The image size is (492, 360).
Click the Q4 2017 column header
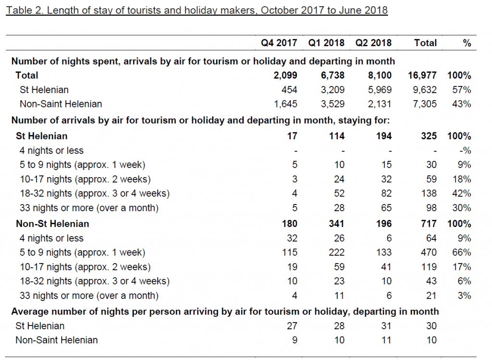279,43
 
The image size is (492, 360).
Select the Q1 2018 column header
326,43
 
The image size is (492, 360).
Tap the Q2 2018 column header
373,43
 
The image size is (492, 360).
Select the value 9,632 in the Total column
425,89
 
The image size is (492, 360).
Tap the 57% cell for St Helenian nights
461,89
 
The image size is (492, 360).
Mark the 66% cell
461,252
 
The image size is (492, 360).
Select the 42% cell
461,193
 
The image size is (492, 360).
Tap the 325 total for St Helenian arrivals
429,136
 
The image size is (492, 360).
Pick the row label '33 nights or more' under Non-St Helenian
89,296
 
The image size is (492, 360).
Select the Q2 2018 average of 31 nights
386,326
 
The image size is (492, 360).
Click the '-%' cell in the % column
464,151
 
